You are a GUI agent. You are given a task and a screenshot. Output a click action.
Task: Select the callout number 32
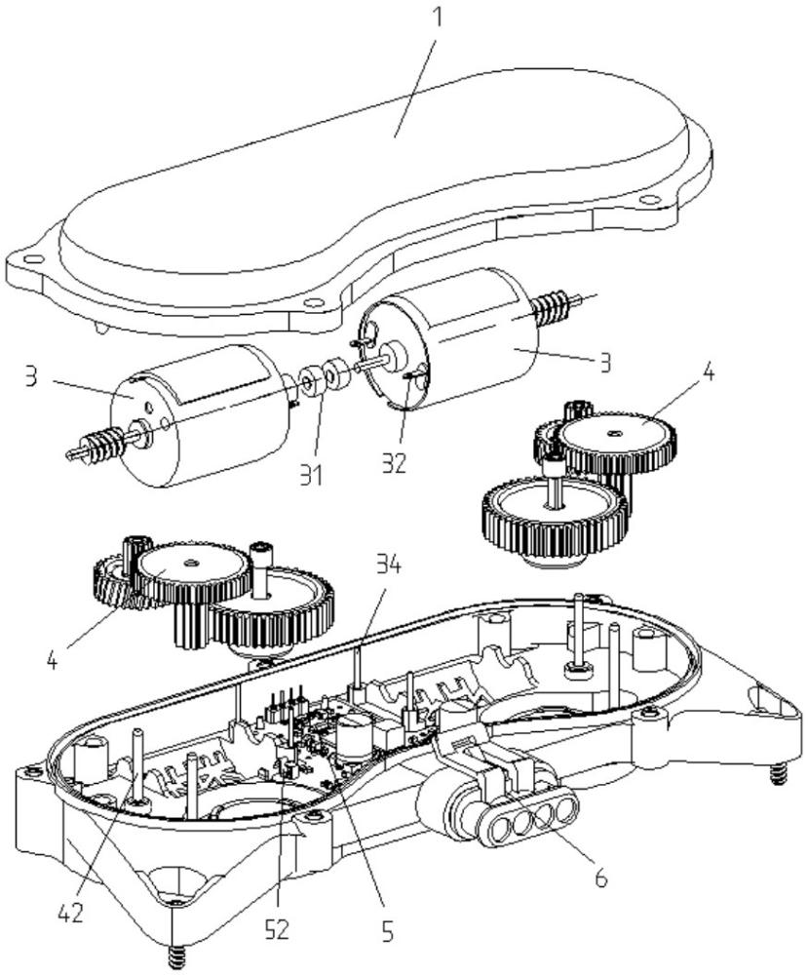tap(395, 462)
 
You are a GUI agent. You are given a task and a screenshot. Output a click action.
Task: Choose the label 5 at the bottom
tap(387, 932)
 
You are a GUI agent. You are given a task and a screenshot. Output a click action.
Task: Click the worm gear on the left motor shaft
tap(101, 451)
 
